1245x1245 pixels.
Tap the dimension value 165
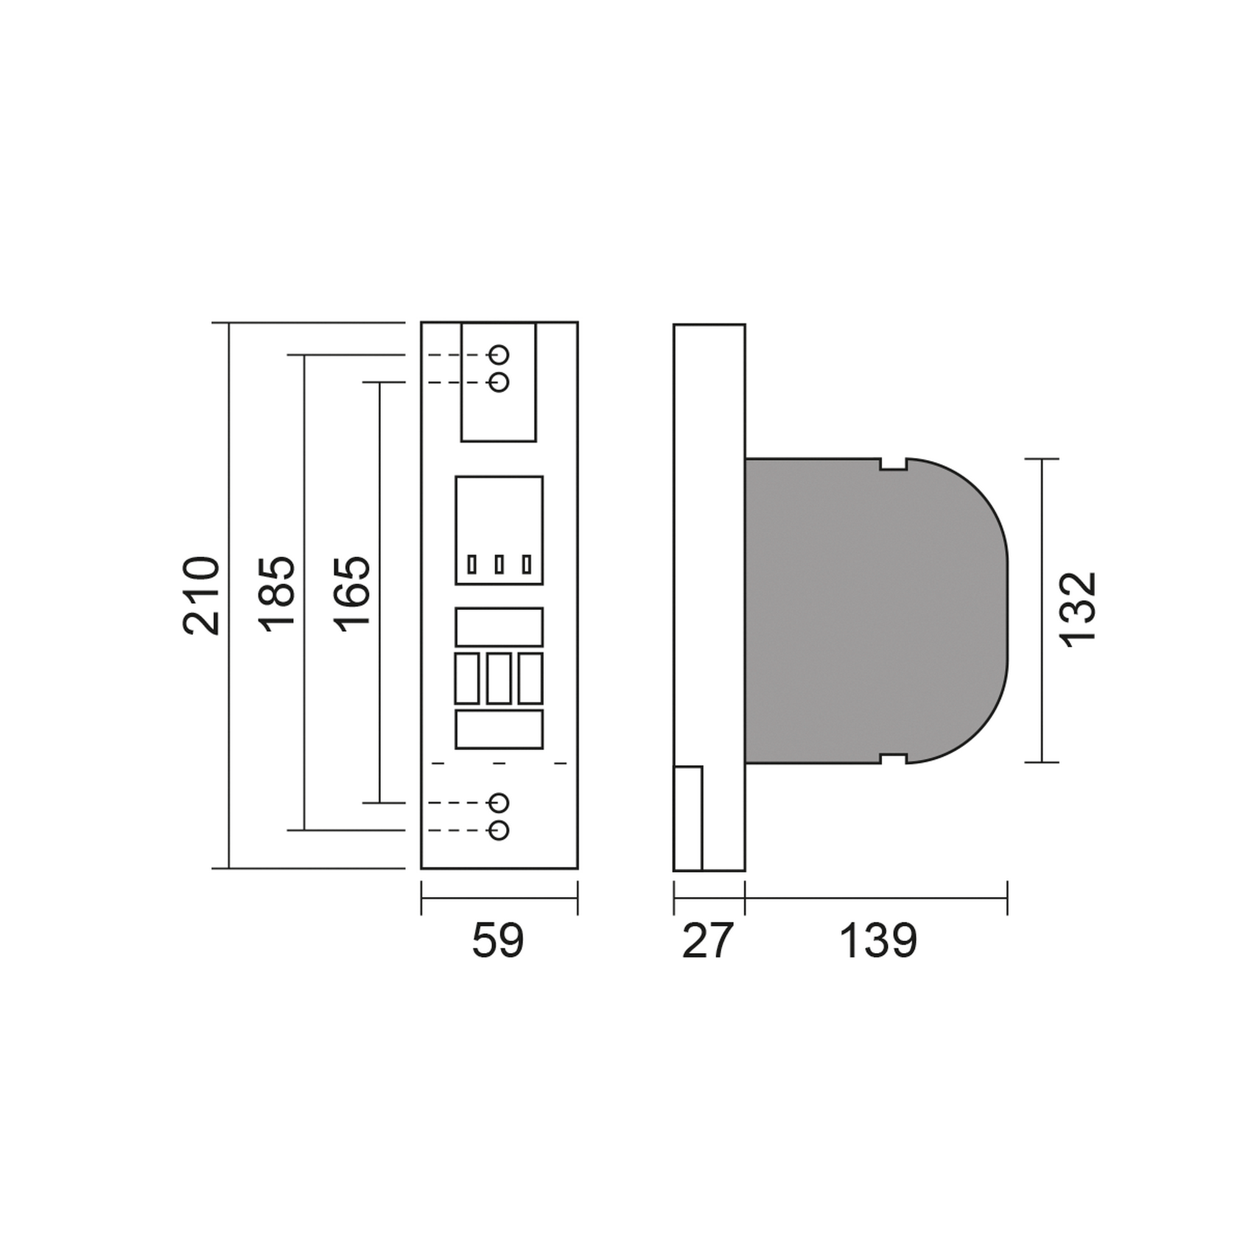[x=352, y=593]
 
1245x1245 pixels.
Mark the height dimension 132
[x=1078, y=609]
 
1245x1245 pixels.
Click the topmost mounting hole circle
[x=499, y=354]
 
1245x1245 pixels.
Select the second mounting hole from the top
[x=499, y=382]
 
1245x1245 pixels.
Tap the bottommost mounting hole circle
[x=499, y=830]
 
